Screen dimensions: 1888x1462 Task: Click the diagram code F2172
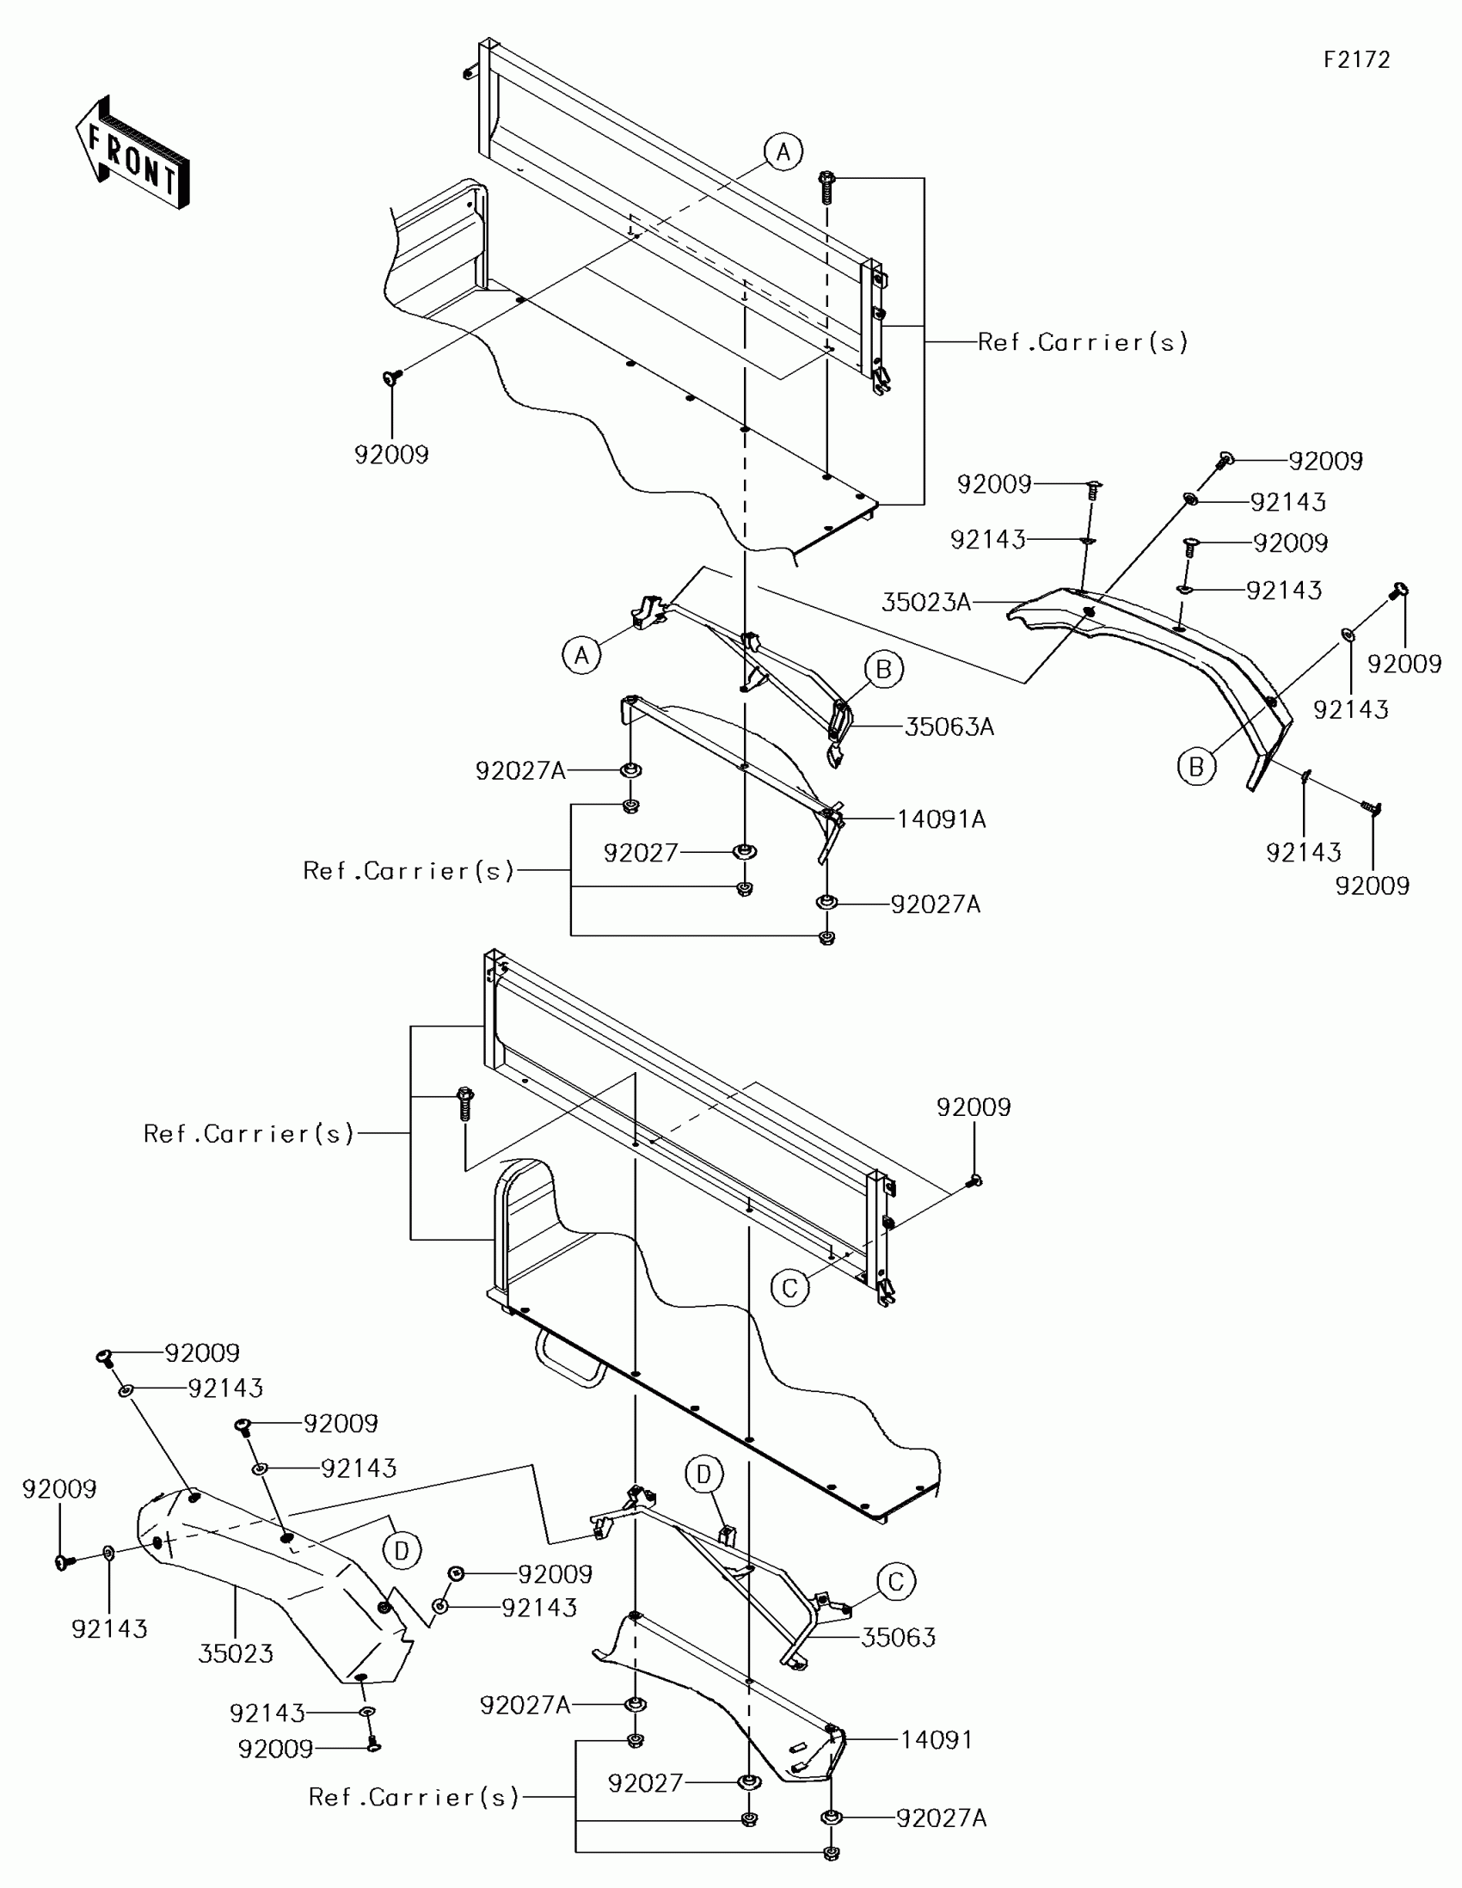pyautogui.click(x=1356, y=59)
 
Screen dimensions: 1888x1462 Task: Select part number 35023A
pyautogui.click(x=925, y=603)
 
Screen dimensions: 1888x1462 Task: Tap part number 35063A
pyautogui.click(x=949, y=727)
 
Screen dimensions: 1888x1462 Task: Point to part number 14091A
pyautogui.click(x=941, y=818)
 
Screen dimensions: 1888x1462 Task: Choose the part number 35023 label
pyautogui.click(x=235, y=1653)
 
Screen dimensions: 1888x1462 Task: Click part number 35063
pyautogui.click(x=899, y=1637)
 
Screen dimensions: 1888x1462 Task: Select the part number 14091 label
pyautogui.click(x=937, y=1739)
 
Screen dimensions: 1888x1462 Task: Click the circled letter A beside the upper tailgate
pyautogui.click(x=783, y=152)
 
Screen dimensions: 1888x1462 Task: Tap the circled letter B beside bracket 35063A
pyautogui.click(x=883, y=669)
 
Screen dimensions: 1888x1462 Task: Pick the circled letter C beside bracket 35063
pyautogui.click(x=896, y=1582)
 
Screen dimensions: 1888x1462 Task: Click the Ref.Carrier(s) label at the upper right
pyautogui.click(x=1083, y=342)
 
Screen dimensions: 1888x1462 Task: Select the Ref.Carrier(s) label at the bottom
pyautogui.click(x=414, y=1797)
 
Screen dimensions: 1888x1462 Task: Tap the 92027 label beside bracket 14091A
pyautogui.click(x=641, y=853)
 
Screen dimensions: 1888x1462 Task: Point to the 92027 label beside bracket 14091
pyautogui.click(x=645, y=1782)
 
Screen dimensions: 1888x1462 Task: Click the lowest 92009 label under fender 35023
pyautogui.click(x=275, y=1749)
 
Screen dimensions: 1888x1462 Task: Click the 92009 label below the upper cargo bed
pyautogui.click(x=391, y=454)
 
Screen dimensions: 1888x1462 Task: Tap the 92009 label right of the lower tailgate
pyautogui.click(x=974, y=1107)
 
